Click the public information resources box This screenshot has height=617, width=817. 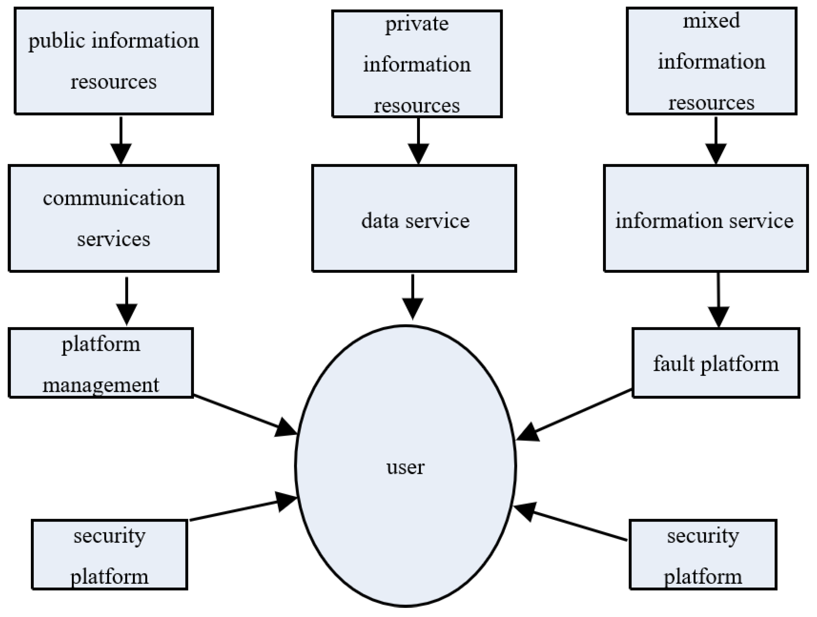tap(114, 61)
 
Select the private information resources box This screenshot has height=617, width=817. tap(417, 64)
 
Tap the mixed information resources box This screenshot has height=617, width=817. tap(711, 61)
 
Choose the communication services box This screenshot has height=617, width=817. tap(114, 218)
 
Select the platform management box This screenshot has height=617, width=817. tap(100, 363)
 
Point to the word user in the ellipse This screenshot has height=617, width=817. tap(405, 467)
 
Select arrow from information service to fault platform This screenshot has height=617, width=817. tap(718, 299)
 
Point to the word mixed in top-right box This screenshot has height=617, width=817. tap(711, 20)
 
